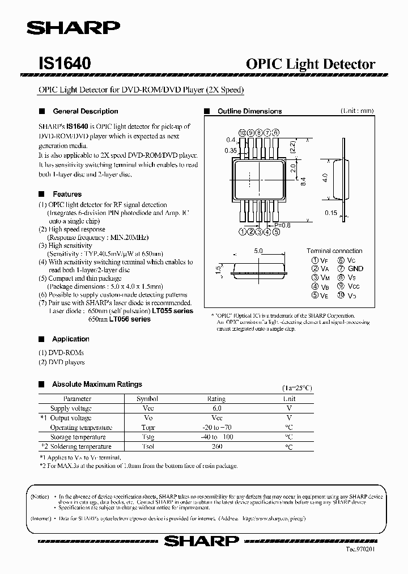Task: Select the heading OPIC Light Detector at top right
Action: pos(311,64)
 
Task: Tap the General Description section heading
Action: pos(85,111)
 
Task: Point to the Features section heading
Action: pos(67,194)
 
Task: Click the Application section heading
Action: pos(70,339)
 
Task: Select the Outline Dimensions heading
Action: pos(249,111)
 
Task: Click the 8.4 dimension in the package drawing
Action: pos(303,182)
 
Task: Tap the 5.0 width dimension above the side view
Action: pos(258,251)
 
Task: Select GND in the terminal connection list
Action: pos(355,269)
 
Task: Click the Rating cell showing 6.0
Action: pos(216,408)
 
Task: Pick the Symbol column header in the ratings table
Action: pos(147,399)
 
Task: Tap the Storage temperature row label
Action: pos(78,437)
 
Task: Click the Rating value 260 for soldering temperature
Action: pos(216,447)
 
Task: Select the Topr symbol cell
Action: pos(147,428)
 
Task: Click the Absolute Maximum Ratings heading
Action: pos(97,385)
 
